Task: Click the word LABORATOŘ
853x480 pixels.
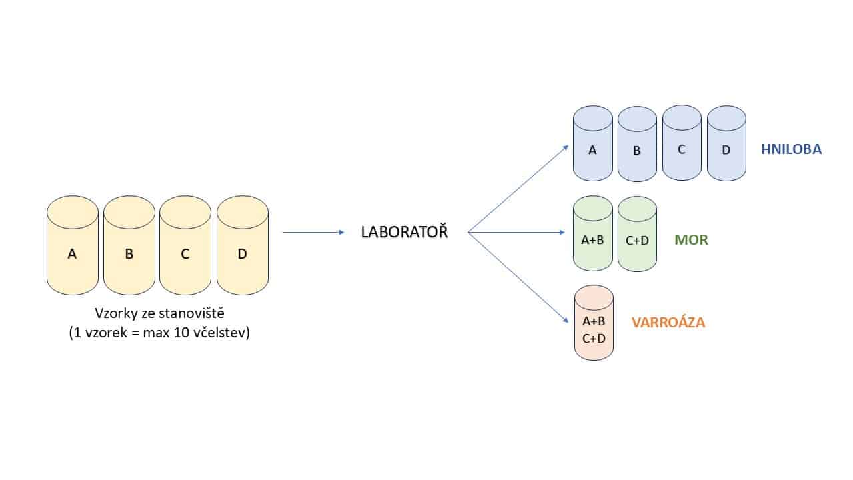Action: (x=404, y=233)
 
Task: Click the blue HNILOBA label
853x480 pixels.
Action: (x=791, y=149)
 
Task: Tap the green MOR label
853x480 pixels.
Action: (x=691, y=239)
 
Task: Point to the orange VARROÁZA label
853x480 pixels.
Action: (x=668, y=323)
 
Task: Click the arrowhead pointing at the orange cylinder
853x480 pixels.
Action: (x=566, y=319)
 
